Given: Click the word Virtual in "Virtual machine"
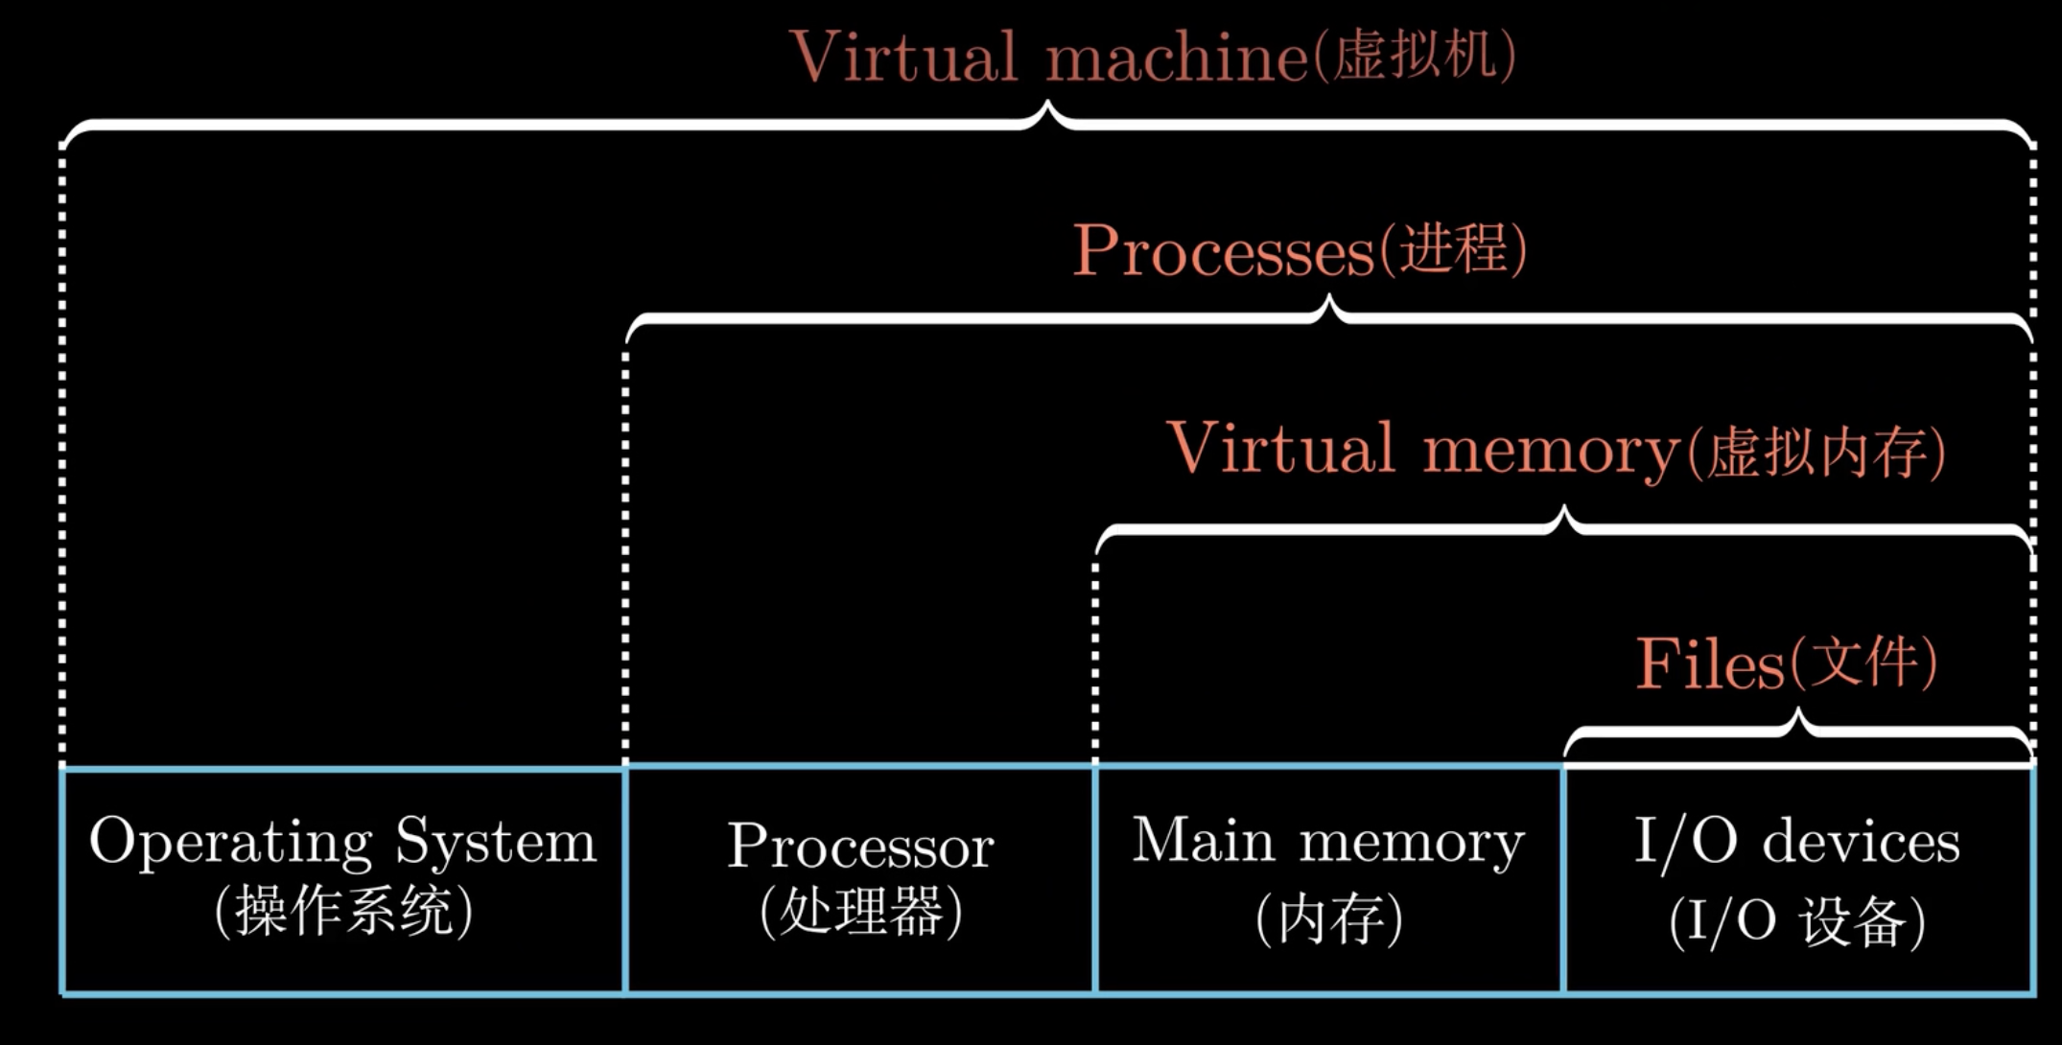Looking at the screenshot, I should click(903, 58).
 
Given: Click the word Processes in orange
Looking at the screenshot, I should click(1223, 251).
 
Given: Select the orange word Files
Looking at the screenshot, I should click(1708, 663).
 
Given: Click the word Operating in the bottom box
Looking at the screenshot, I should click(230, 842).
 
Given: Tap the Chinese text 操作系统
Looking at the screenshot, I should click(343, 911).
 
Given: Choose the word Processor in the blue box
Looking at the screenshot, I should click(860, 847).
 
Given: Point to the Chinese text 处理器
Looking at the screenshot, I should click(860, 911).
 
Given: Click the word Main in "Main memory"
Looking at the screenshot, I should click(1203, 841).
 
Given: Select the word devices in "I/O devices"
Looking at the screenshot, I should click(1861, 842).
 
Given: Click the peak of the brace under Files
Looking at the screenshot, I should click(1798, 715).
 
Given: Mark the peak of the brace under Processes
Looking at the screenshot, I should click(1329, 302).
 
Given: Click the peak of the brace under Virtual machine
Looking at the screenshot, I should click(1048, 108).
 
